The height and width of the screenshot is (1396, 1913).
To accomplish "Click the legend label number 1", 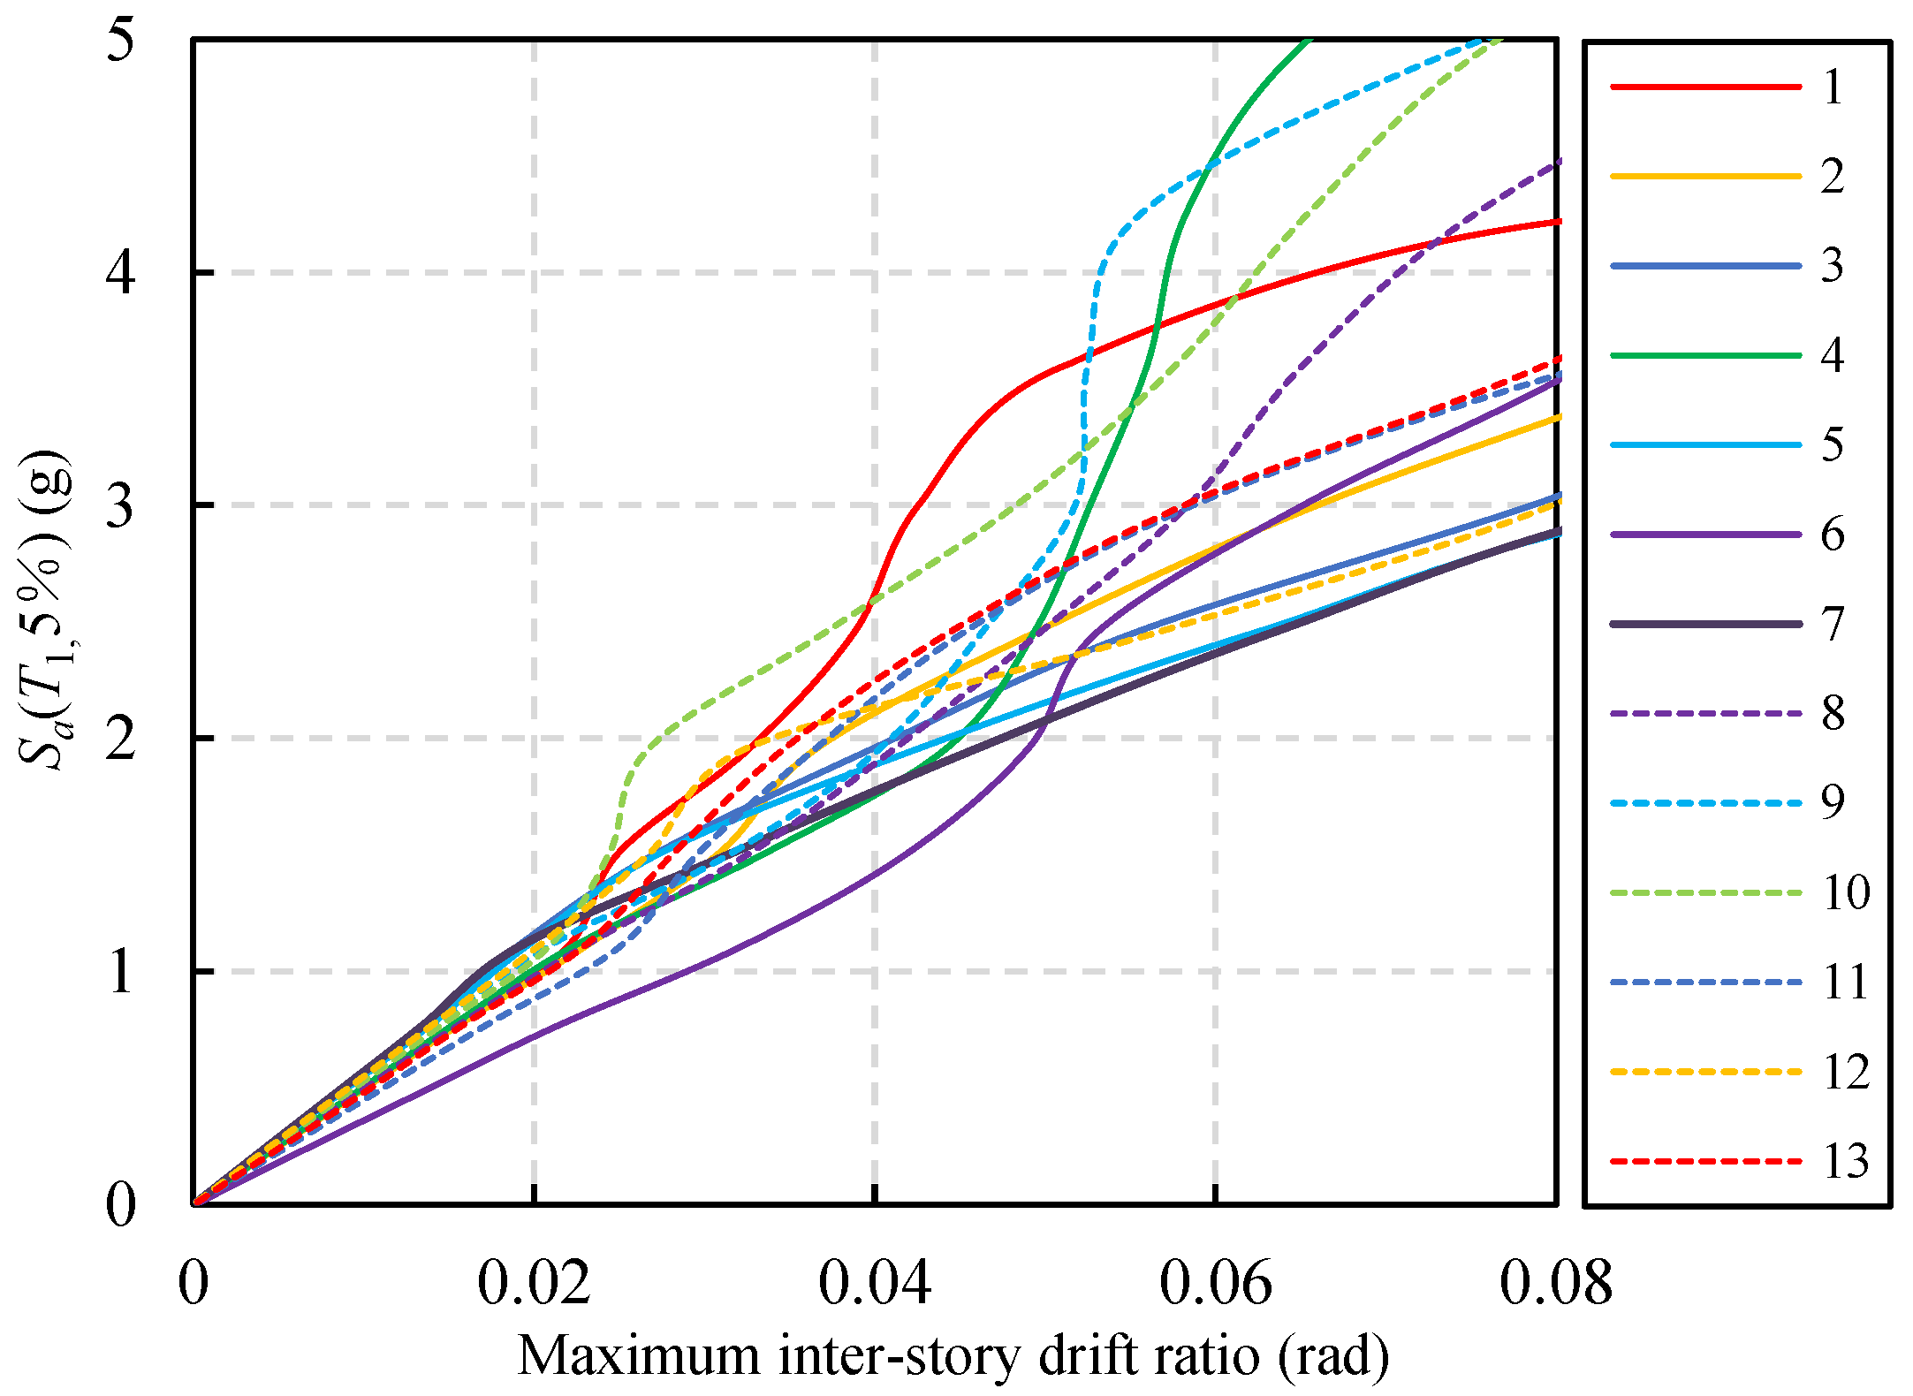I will [x=1833, y=87].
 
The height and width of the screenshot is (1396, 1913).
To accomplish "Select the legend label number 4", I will [x=1833, y=355].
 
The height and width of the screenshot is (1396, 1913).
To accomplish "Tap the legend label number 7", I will [x=1833, y=624].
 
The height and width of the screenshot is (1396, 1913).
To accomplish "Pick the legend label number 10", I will [x=1846, y=892].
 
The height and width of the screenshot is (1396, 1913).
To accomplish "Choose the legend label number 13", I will [x=1846, y=1161].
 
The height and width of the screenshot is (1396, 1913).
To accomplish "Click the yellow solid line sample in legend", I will [x=1705, y=176].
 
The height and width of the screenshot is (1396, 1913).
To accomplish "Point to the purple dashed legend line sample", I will [x=1705, y=713].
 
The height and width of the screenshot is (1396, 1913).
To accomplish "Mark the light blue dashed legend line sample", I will [x=1705, y=803].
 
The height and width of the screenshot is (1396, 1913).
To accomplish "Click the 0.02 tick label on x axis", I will [x=534, y=1283].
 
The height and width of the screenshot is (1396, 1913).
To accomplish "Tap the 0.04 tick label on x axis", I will [x=874, y=1283].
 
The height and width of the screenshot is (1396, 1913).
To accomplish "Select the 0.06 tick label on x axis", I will [x=1215, y=1283].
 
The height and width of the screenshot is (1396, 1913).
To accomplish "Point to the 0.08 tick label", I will [x=1555, y=1283].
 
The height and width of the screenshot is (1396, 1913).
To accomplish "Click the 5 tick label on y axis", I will [x=121, y=40].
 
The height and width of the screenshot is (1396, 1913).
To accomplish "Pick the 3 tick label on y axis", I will [x=121, y=505].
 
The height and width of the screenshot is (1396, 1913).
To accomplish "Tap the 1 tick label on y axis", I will [x=121, y=971].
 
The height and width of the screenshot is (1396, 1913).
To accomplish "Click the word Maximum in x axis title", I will [x=638, y=1356].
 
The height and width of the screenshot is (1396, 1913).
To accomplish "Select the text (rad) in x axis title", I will [x=1333, y=1356].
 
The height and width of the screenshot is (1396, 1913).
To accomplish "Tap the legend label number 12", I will [x=1846, y=1072].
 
